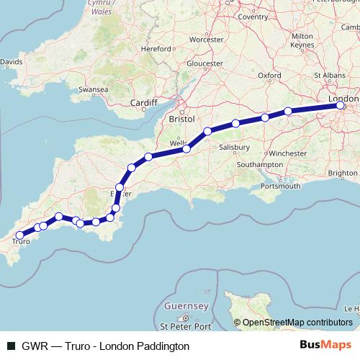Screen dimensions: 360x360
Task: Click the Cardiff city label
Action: (143, 104)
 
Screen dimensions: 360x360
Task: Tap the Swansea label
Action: (93, 89)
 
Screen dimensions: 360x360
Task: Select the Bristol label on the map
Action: (182, 117)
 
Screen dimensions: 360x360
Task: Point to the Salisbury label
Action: (235, 147)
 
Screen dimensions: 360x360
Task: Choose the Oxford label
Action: (269, 74)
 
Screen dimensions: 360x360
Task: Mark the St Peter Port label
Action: (188, 327)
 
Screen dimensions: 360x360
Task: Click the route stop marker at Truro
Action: (19, 235)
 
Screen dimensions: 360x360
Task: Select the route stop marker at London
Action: (341, 107)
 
